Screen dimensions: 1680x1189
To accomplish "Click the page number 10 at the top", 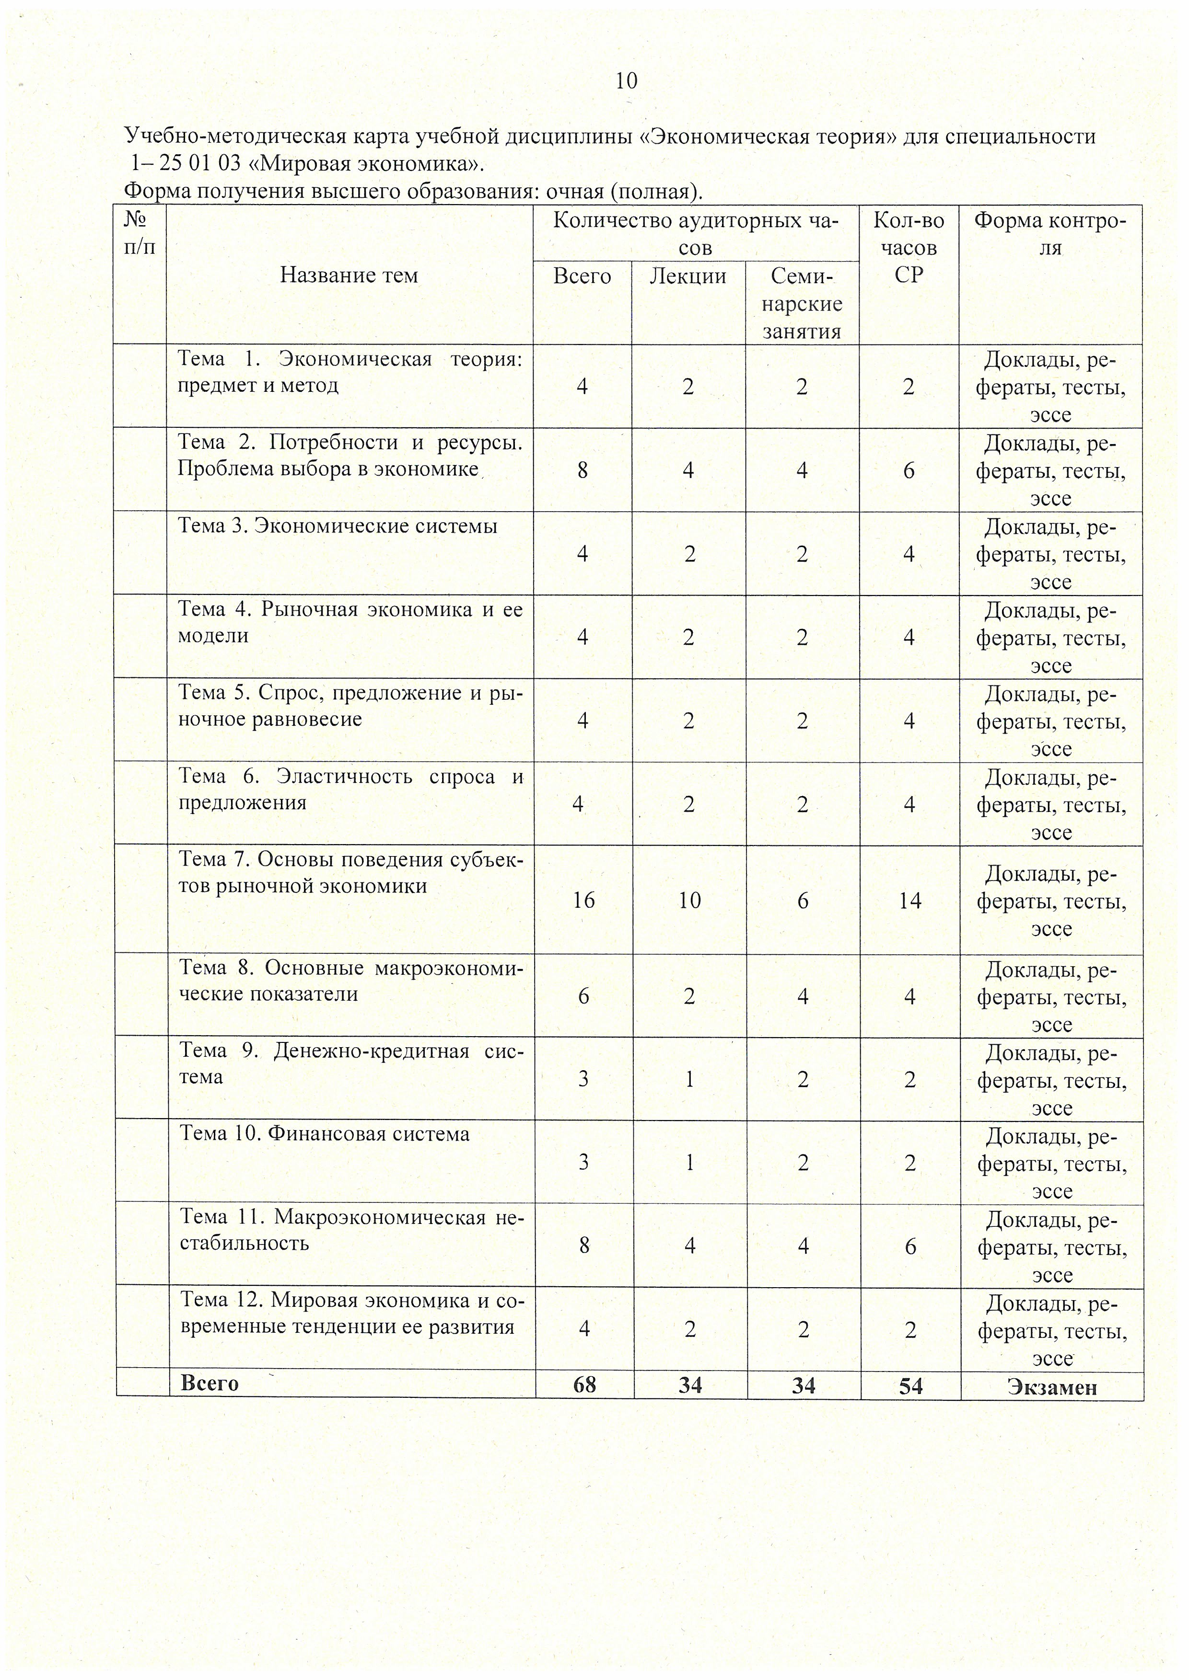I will (x=627, y=80).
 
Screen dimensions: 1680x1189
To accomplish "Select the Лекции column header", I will (x=688, y=276).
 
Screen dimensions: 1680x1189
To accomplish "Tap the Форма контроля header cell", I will (x=1050, y=234).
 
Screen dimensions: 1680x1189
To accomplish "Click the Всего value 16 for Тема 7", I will (x=583, y=900).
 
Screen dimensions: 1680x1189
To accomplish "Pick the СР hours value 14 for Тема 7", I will (x=910, y=900).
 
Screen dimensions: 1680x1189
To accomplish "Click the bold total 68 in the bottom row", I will (x=584, y=1385).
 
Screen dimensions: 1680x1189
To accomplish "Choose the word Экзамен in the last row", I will (x=1051, y=1386).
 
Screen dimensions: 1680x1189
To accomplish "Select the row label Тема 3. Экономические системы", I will (x=338, y=526).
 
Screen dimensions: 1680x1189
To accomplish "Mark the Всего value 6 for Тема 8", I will (x=583, y=996).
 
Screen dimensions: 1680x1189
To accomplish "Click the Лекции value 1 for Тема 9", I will (x=689, y=1079).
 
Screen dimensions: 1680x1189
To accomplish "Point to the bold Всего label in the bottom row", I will (x=210, y=1383).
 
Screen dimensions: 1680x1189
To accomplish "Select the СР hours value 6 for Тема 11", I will (x=910, y=1246).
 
